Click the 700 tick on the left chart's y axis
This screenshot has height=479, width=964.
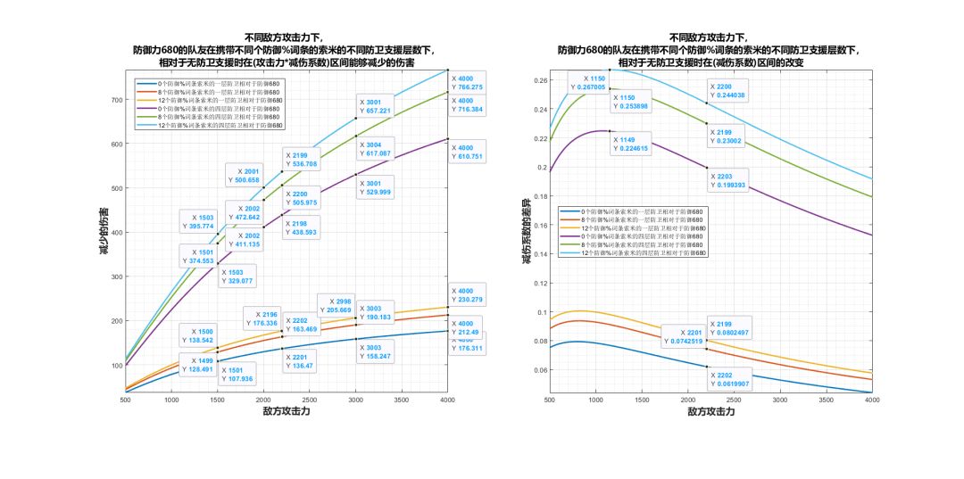(115, 99)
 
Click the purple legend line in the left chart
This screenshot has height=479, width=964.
(146, 109)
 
